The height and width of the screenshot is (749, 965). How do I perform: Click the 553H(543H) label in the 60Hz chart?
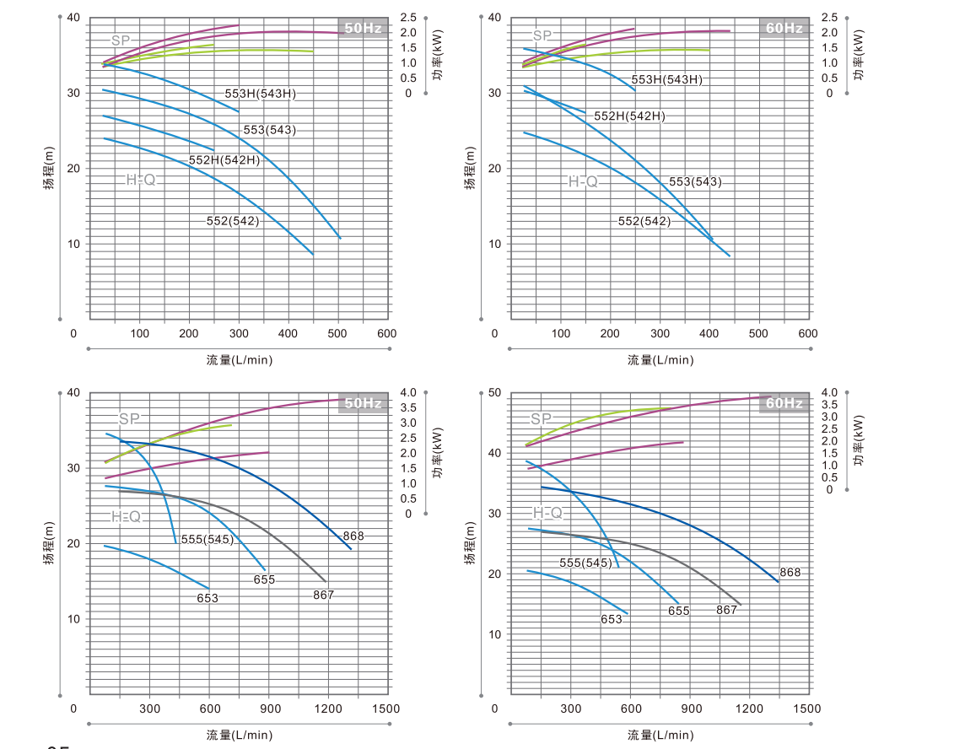coord(666,80)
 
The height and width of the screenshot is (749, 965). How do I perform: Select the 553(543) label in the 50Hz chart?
coord(269,131)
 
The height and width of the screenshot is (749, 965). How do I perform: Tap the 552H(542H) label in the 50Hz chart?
coord(224,160)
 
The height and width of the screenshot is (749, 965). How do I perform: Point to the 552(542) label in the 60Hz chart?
coord(644,222)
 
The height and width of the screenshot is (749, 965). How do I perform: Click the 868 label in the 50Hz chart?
coord(353,536)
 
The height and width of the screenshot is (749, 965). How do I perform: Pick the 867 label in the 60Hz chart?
coord(727,610)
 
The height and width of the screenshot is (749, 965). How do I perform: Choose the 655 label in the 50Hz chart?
coord(264,580)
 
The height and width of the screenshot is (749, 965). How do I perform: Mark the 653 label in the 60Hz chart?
coord(612,619)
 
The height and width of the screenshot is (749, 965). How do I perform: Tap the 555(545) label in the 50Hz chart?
coord(207,540)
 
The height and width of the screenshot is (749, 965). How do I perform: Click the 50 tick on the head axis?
coord(494,393)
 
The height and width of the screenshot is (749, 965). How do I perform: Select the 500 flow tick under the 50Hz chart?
coord(338,333)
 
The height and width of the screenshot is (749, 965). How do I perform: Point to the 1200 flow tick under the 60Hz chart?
coord(748,709)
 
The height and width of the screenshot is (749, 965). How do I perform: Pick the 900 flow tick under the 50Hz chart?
coord(269,709)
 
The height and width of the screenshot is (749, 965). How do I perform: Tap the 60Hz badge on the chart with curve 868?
coord(784,403)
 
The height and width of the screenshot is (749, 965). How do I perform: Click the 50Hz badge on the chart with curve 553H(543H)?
coord(363,28)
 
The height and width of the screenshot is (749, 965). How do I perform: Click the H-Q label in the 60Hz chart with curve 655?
coord(547,513)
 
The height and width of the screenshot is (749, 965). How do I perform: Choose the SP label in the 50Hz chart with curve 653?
coord(129,418)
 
